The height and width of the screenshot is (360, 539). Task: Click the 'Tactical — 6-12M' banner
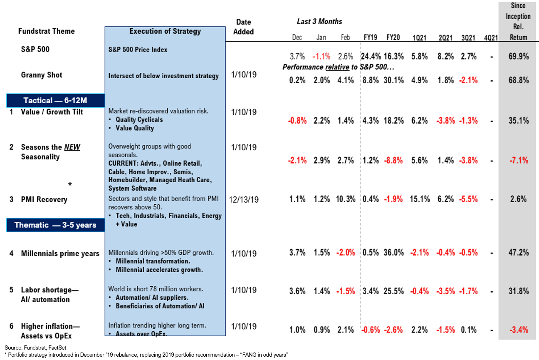tap(55, 101)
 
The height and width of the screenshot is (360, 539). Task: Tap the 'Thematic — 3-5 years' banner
tap(55, 225)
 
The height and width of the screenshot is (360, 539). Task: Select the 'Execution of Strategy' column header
tap(165, 31)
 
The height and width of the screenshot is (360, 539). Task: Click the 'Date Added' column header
tap(243, 27)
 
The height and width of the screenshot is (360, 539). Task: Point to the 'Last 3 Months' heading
tap(319, 21)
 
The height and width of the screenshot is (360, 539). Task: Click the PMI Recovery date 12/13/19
tap(244, 200)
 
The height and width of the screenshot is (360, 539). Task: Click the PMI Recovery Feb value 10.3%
tap(345, 199)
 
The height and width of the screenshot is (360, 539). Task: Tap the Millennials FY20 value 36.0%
tap(393, 253)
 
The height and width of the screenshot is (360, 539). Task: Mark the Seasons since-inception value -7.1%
tap(518, 161)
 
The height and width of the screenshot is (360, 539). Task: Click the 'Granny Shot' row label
tap(42, 75)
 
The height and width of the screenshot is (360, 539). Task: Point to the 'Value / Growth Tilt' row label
tap(52, 112)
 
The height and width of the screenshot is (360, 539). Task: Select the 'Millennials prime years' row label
tap(60, 253)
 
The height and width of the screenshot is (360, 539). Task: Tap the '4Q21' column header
tap(491, 37)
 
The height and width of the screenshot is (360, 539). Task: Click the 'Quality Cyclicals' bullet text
tap(139, 120)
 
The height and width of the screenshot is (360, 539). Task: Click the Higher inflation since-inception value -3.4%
tap(518, 330)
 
